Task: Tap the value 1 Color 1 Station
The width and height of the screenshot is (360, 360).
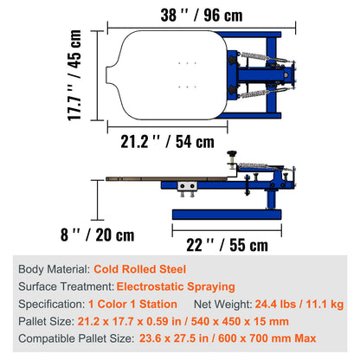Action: (x=132, y=304)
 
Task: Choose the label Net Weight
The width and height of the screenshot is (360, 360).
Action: (x=222, y=304)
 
